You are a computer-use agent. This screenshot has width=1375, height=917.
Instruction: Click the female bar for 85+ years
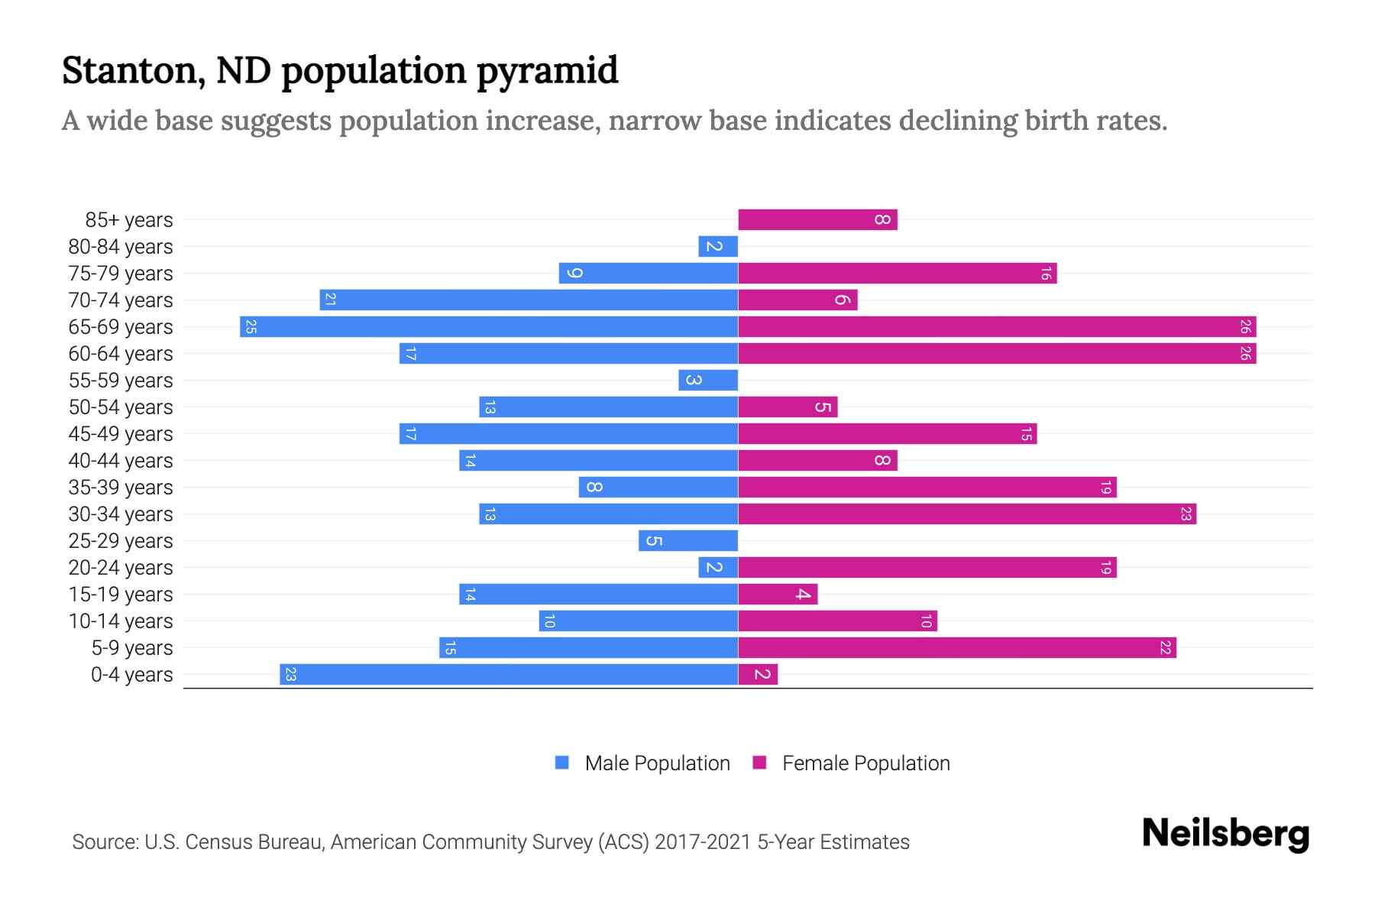coord(817,220)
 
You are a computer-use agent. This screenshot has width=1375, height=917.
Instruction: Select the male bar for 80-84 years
coord(718,247)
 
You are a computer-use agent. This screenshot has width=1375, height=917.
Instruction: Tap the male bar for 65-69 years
coord(489,327)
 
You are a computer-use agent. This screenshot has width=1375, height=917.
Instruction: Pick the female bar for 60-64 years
coord(997,354)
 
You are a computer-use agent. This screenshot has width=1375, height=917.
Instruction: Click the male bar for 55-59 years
coord(708,381)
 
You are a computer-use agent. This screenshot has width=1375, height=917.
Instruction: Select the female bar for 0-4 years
coord(758,675)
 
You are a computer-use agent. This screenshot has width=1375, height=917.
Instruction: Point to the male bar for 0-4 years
coord(509,675)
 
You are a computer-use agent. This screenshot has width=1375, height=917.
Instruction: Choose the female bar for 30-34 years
coord(967,514)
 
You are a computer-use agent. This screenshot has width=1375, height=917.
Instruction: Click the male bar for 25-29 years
coord(688,541)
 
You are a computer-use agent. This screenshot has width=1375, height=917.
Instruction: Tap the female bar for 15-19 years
coord(778,595)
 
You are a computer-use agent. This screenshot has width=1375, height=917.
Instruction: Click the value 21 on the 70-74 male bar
coord(330,300)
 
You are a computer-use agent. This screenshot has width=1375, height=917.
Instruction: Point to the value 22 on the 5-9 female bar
coord(1165,648)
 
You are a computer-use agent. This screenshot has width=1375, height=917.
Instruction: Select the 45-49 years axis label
coord(121,434)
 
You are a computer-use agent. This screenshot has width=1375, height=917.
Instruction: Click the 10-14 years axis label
coord(121,621)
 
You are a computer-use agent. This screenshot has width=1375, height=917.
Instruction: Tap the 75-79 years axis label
coord(121,274)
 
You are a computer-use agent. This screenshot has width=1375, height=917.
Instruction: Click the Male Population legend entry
coord(657,763)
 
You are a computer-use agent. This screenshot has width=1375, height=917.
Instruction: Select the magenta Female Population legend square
coord(759,763)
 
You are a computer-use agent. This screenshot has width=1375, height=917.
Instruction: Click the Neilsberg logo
coord(1225,834)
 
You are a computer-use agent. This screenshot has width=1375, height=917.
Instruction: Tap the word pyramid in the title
coord(547,71)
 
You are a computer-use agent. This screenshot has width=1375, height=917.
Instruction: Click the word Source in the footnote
coord(104,842)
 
